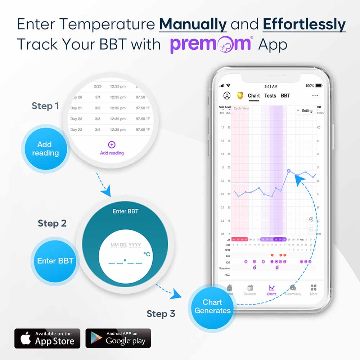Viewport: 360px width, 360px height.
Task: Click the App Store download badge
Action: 47,338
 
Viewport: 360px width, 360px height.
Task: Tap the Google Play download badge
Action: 118,338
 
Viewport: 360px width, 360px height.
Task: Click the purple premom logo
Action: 211,44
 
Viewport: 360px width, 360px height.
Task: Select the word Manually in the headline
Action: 193,24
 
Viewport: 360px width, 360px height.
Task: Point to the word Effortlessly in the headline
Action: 304,24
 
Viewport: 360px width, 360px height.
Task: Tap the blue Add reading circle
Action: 45,149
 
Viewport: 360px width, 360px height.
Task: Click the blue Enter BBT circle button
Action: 55,261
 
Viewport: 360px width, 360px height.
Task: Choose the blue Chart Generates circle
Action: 212,306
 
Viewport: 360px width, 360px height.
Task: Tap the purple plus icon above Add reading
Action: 112,145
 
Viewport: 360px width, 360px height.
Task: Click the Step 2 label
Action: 52,223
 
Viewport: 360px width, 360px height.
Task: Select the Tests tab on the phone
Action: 270,96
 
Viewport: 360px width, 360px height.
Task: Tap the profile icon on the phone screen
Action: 227,96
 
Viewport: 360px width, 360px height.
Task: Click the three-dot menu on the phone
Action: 315,96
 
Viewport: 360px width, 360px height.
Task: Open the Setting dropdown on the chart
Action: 305,111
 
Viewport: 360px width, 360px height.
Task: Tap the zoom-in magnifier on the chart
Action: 311,220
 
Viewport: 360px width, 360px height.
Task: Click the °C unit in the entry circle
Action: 147,254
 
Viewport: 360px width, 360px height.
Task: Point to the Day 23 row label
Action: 76,130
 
